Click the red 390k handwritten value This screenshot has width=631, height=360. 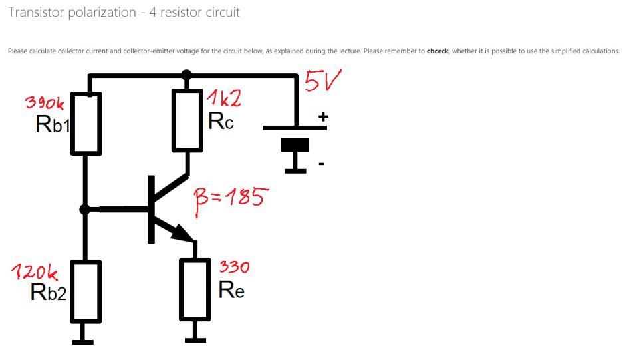(45, 103)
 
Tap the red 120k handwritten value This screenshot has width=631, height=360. (35, 271)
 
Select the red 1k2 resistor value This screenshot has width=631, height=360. (223, 100)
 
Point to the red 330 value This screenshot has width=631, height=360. (234, 268)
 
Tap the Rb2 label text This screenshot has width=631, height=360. (49, 292)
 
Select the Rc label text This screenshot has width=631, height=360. (221, 121)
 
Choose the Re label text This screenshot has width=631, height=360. (231, 290)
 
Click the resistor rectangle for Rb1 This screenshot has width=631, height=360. (86, 123)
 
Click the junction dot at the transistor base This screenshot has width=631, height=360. (84, 210)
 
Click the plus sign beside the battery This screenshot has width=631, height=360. (323, 117)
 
